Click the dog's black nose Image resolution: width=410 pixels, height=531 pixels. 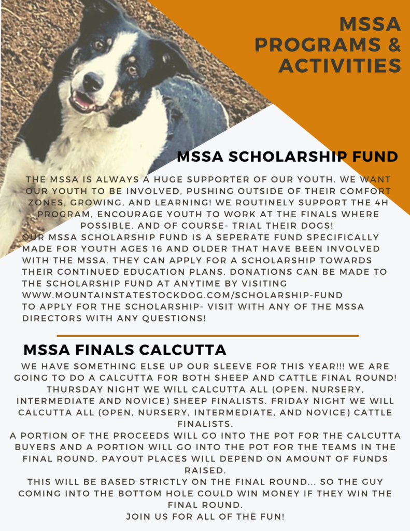93,82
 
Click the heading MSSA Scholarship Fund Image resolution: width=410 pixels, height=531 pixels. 287,157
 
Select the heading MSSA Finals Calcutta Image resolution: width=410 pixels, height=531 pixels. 125,348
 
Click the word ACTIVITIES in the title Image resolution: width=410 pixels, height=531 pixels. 340,66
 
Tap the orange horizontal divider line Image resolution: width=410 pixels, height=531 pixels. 208,336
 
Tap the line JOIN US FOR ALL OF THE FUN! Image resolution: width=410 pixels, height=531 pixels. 205,516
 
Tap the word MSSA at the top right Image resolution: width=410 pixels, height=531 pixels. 370,24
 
